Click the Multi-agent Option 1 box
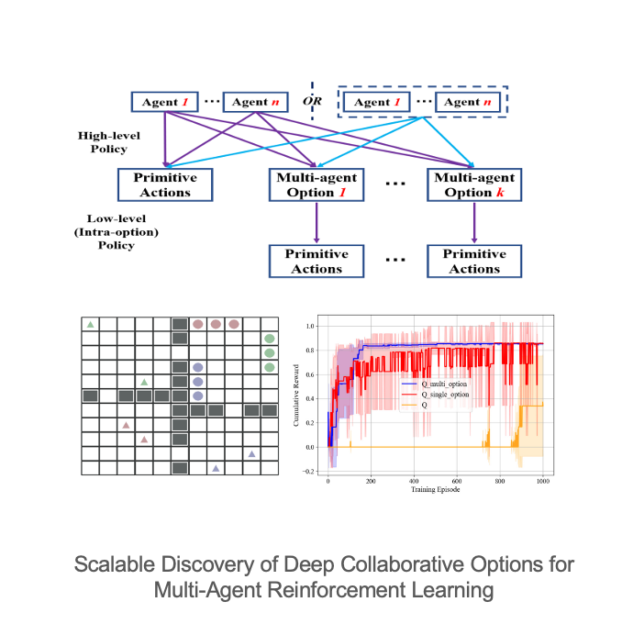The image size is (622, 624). (317, 184)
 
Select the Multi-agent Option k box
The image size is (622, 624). (474, 184)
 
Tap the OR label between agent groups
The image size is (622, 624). (312, 101)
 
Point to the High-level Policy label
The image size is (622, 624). (109, 142)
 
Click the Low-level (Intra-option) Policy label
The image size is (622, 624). (117, 231)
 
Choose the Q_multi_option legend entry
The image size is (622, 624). (435, 384)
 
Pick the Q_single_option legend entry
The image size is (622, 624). (436, 395)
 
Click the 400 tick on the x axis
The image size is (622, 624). (414, 481)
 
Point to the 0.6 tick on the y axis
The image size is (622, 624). (309, 374)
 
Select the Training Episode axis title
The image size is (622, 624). (436, 489)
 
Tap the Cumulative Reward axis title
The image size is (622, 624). (296, 396)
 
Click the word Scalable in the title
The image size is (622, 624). (115, 564)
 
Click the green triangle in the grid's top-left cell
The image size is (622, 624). (90, 324)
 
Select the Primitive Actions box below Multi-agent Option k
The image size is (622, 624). (474, 261)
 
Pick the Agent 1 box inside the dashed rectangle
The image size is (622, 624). (376, 102)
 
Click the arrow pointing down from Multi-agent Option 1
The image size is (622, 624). (317, 222)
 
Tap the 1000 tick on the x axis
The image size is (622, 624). (543, 481)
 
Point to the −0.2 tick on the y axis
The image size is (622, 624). (308, 472)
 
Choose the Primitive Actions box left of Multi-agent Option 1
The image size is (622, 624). (165, 184)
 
